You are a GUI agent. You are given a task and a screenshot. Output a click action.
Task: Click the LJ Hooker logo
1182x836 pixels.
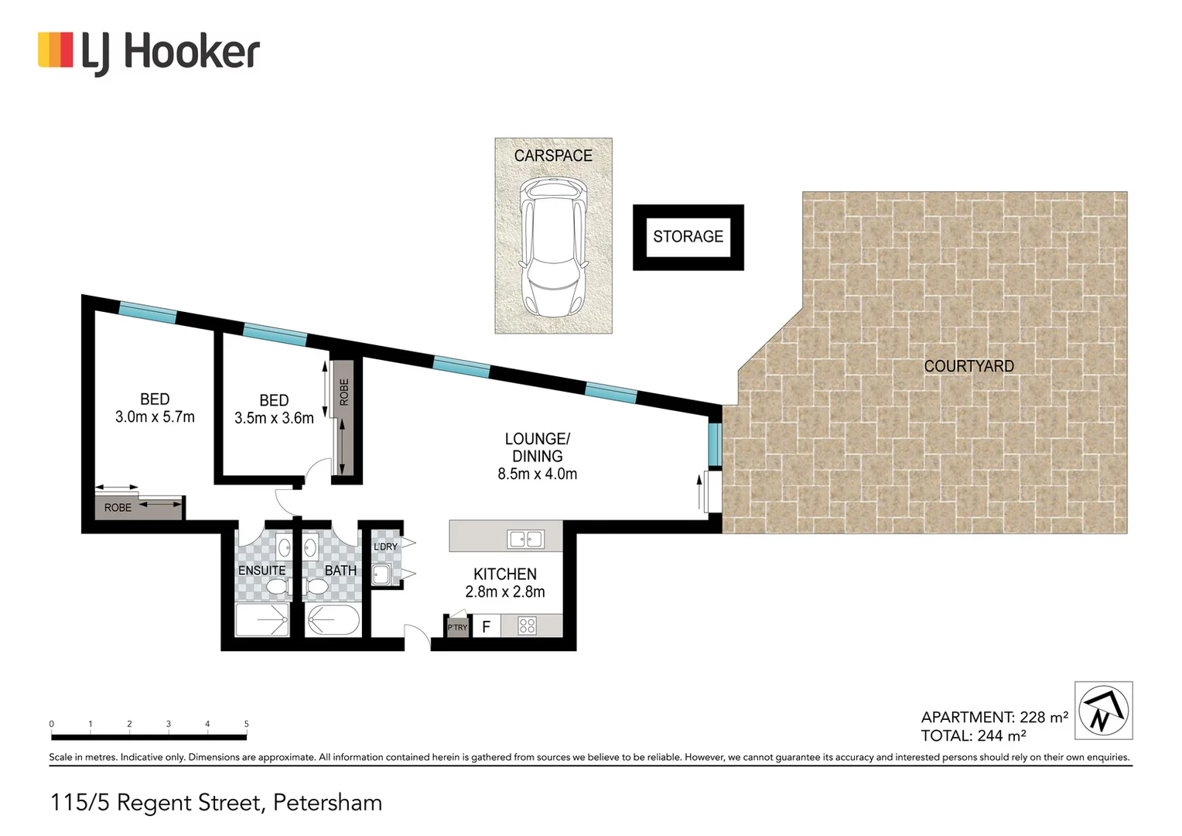click(149, 53)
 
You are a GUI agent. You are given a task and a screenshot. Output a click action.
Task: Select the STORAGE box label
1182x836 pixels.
click(688, 237)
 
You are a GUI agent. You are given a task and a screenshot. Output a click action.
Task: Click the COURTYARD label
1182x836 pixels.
click(968, 366)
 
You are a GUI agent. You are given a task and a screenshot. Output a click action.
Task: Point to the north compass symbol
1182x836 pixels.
click(1103, 710)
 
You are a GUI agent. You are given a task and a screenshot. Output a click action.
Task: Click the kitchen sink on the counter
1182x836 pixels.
click(525, 539)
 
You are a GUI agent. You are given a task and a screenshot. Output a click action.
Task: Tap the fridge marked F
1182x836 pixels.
click(486, 627)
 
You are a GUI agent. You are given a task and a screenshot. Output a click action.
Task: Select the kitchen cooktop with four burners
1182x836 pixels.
click(528, 625)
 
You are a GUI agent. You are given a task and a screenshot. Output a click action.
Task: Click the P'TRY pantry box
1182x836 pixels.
click(458, 627)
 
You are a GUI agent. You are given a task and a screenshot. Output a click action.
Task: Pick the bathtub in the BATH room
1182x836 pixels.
click(333, 620)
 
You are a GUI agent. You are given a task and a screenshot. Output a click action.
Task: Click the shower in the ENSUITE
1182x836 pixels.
click(261, 620)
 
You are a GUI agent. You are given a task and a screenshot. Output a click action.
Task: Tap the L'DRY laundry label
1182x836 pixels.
click(385, 546)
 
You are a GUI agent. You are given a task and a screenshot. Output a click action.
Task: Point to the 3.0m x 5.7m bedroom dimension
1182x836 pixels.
click(155, 417)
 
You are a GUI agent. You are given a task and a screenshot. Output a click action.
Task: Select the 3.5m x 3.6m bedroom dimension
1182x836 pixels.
click(274, 418)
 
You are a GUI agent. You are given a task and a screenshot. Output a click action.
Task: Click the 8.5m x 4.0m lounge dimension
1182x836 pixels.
click(537, 474)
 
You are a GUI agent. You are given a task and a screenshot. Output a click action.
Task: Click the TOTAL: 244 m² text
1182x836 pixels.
click(973, 736)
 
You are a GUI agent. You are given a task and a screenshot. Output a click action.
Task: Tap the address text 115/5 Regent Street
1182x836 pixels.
click(216, 803)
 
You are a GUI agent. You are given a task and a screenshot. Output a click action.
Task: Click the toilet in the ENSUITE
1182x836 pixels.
click(277, 588)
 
